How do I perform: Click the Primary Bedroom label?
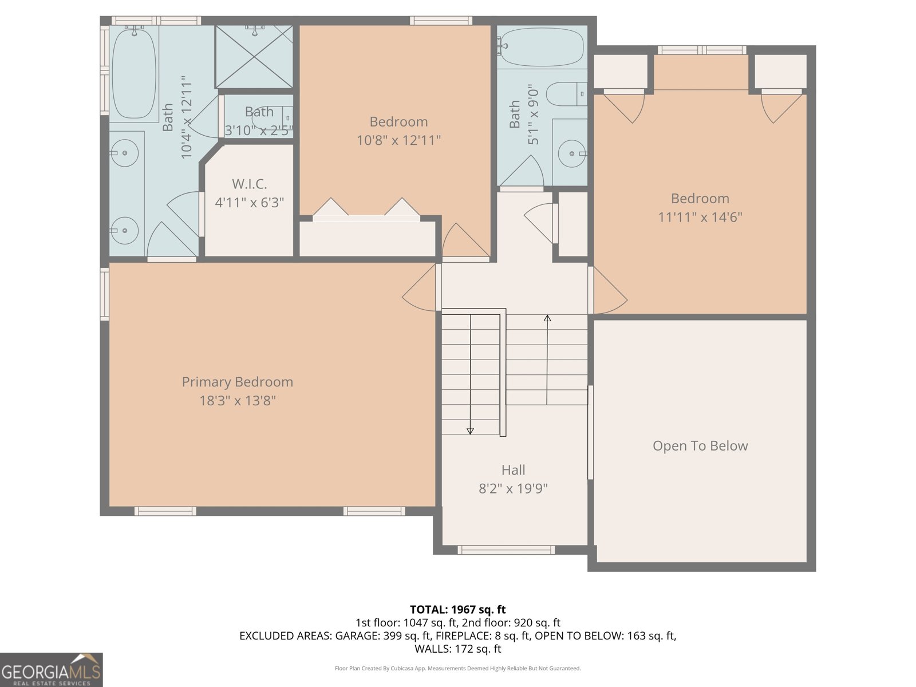pos(237,382)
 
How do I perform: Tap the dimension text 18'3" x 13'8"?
pos(237,401)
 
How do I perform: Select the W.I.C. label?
pos(249,184)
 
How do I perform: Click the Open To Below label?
pos(700,446)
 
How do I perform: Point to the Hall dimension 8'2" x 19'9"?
pos(513,488)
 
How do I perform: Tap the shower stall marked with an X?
pos(254,57)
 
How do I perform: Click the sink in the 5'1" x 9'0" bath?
pos(571,153)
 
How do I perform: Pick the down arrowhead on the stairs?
pos(470,431)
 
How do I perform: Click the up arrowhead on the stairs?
pos(547,318)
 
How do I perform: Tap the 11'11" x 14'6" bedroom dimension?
pos(700,218)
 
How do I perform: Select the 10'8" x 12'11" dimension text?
pos(398,140)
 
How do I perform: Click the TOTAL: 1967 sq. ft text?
pos(457,610)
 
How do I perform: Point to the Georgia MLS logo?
pos(51,670)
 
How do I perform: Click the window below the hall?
pos(506,550)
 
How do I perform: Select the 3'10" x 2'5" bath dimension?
pos(259,131)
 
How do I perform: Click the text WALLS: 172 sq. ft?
pos(457,649)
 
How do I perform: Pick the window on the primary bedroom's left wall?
pos(105,294)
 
